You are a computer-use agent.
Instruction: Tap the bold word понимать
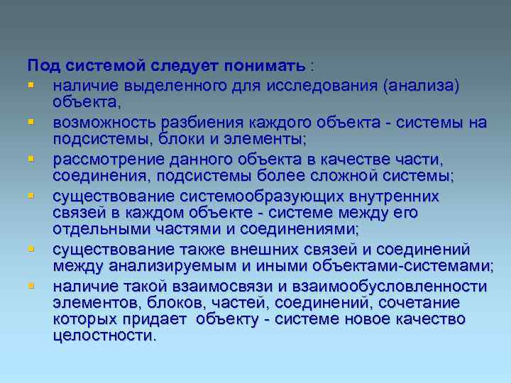tap(267, 66)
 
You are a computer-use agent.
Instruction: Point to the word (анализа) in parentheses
tap(421, 86)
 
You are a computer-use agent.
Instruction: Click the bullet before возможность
tap(31, 123)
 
